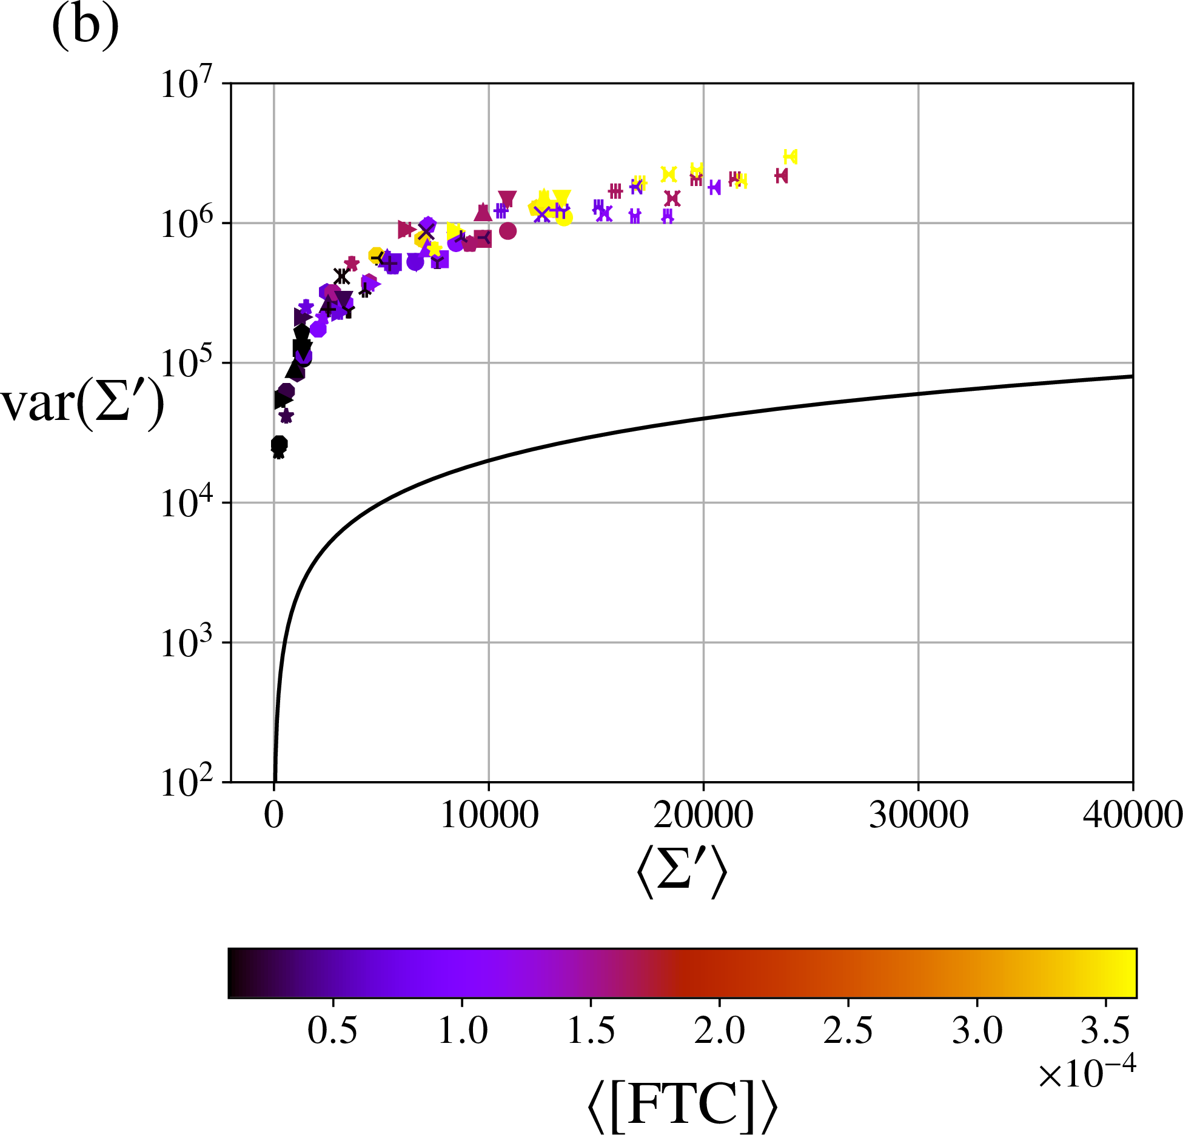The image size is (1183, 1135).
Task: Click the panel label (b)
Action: (x=85, y=27)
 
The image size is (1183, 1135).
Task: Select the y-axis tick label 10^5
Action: (x=187, y=364)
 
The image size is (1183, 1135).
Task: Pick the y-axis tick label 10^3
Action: (x=187, y=643)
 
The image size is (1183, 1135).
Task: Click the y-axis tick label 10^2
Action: (x=187, y=782)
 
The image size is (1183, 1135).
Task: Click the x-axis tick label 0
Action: (x=274, y=816)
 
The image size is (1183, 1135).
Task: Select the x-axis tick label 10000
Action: (x=489, y=816)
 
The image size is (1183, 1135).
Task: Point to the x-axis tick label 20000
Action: (x=703, y=816)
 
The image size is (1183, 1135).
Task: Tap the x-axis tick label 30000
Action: (x=918, y=816)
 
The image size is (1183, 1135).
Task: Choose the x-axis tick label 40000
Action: (x=1132, y=816)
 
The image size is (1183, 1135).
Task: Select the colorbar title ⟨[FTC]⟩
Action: (x=682, y=1107)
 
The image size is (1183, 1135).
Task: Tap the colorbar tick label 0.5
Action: (x=332, y=1030)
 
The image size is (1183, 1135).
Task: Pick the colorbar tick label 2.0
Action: (x=719, y=1030)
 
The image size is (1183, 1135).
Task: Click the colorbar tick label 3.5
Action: (x=1105, y=1030)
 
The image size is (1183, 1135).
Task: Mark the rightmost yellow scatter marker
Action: (x=790, y=157)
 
